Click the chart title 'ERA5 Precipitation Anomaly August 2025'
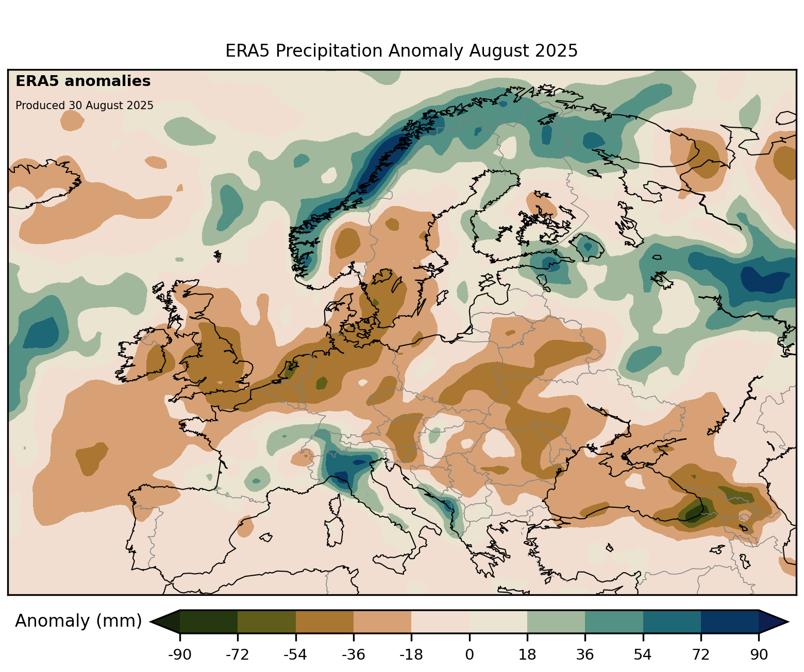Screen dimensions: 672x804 pyautogui.click(x=401, y=51)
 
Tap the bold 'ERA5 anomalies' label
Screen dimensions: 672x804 pyautogui.click(x=83, y=81)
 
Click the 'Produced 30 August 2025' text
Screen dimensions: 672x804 pyautogui.click(x=85, y=106)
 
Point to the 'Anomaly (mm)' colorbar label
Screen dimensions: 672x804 pyautogui.click(x=78, y=621)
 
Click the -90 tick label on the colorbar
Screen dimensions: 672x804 pyautogui.click(x=180, y=655)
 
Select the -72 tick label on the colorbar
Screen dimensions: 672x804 pyautogui.click(x=238, y=655)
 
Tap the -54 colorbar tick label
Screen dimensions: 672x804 pyautogui.click(x=295, y=655)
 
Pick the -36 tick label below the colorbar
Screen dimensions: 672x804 pyautogui.click(x=354, y=655)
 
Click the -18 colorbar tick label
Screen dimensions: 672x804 pyautogui.click(x=411, y=655)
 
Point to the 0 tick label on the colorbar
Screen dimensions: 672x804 pyautogui.click(x=470, y=655)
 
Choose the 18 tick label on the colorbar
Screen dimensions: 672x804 pyautogui.click(x=527, y=655)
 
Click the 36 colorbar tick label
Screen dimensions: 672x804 pyautogui.click(x=585, y=655)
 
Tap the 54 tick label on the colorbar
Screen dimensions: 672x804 pyautogui.click(x=643, y=655)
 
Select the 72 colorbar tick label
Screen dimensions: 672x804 pyautogui.click(x=701, y=655)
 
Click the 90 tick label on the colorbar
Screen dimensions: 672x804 pyautogui.click(x=759, y=655)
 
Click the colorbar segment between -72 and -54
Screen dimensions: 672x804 pyautogui.click(x=266, y=622)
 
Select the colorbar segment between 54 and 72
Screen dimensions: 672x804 pyautogui.click(x=672, y=622)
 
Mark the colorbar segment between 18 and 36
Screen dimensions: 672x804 pyautogui.click(x=556, y=622)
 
